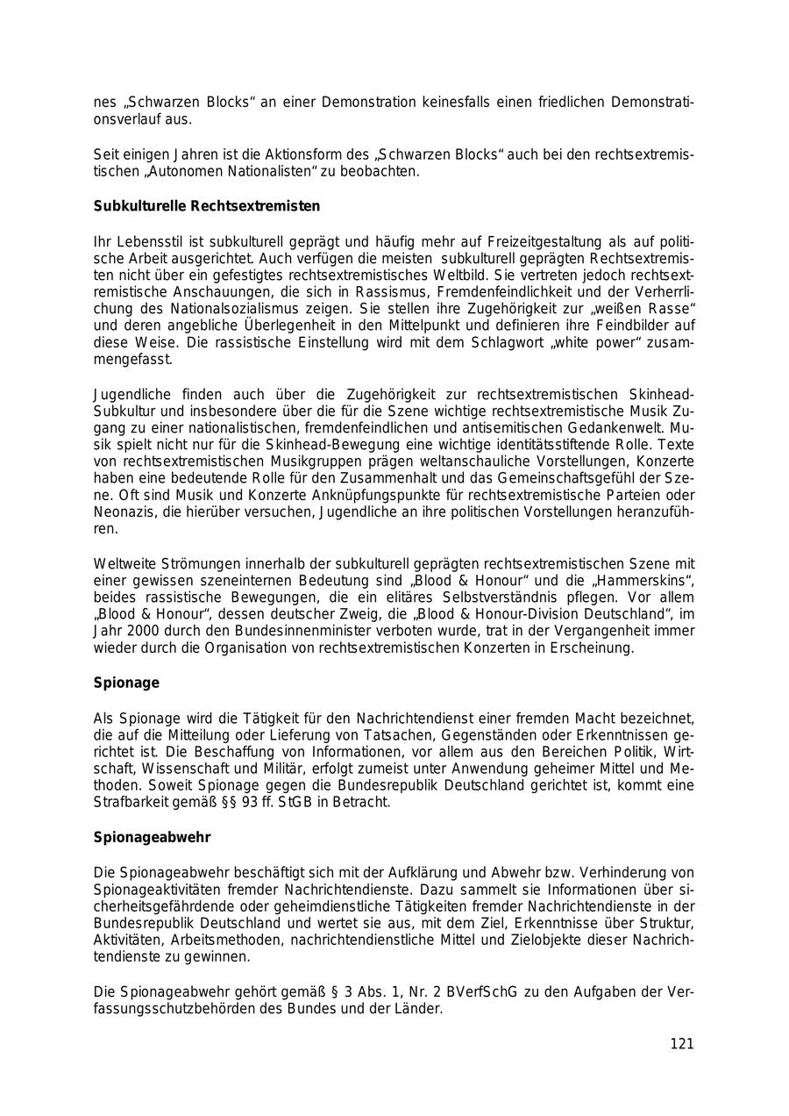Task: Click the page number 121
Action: coord(681,1043)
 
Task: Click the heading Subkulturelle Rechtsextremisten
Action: coord(207,206)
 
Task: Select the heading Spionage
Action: coord(126,683)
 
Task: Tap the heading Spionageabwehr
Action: coord(152,837)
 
